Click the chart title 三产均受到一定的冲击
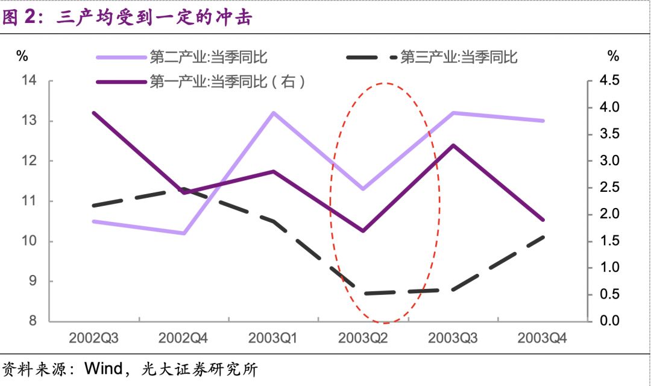pyautogui.click(x=153, y=18)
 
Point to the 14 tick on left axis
pyautogui.click(x=30, y=81)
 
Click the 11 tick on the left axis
pyautogui.click(x=30, y=201)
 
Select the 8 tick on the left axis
pyautogui.click(x=33, y=321)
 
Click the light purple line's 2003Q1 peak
pyautogui.click(x=273, y=113)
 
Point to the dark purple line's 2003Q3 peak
pyautogui.click(x=453, y=145)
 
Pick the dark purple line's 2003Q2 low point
pyautogui.click(x=363, y=231)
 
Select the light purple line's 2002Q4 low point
pyautogui.click(x=183, y=233)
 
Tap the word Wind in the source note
pyautogui.click(x=105, y=368)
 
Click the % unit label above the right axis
pyautogui.click(x=613, y=57)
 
